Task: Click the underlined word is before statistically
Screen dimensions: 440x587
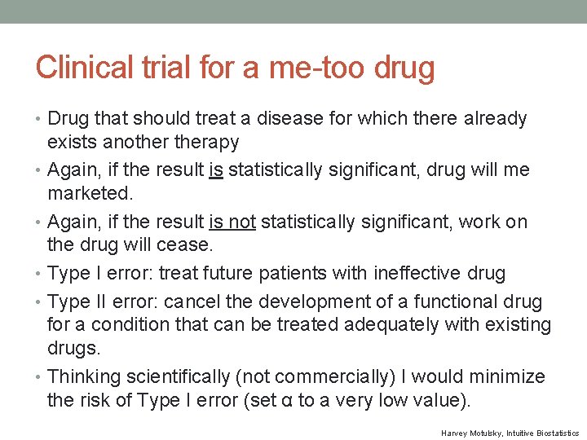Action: [x=216, y=170]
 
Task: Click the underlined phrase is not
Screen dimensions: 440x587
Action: [x=234, y=222]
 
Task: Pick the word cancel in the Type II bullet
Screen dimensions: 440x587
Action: [x=191, y=301]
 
